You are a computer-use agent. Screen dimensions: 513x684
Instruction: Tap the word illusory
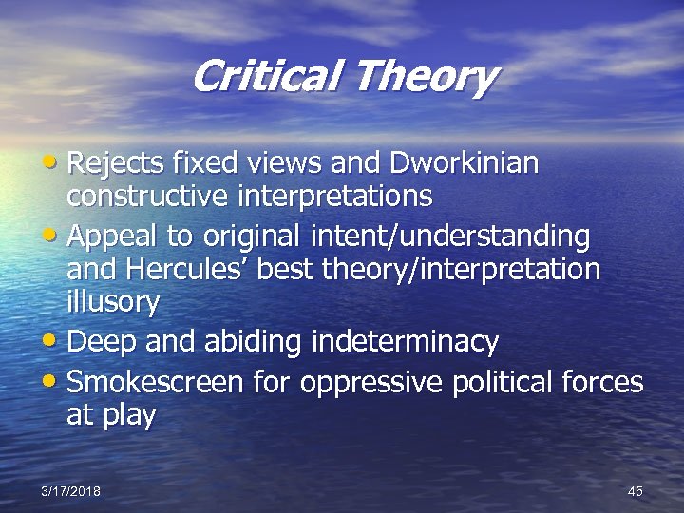click(x=113, y=303)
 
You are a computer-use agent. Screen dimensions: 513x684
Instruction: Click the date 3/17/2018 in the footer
click(x=70, y=490)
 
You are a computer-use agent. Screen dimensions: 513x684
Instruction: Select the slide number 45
click(x=636, y=490)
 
